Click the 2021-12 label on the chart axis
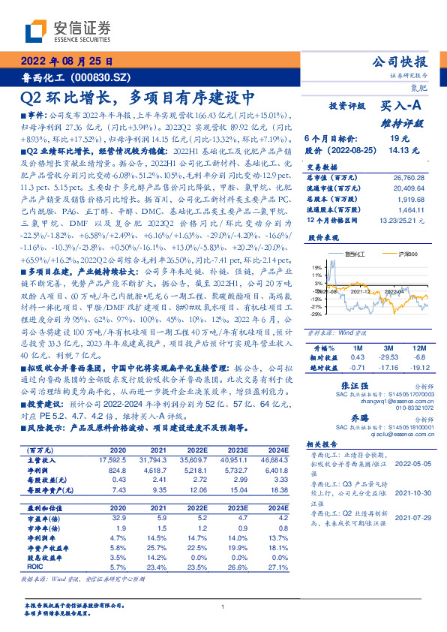[x=361, y=289]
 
